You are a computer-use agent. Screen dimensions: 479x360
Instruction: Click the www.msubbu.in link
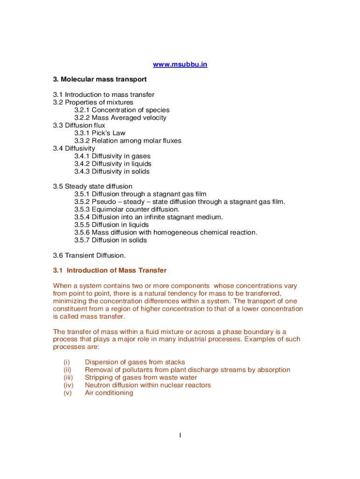180,64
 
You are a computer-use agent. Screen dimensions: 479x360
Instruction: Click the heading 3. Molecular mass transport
100,80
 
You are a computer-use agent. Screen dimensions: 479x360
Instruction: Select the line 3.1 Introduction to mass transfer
103,94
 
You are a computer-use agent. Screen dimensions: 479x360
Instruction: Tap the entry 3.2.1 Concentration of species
122,110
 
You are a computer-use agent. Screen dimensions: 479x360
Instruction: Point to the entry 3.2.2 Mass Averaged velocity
120,118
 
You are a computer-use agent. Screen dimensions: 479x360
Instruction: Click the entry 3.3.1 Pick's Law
100,133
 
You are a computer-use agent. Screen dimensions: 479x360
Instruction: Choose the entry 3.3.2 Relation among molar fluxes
128,141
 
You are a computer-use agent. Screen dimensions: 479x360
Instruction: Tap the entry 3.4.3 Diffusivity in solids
112,171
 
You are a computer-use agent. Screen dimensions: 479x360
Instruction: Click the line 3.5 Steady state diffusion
93,186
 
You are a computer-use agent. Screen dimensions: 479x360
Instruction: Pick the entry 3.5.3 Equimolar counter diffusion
126,209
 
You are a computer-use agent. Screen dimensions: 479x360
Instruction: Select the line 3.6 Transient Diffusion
89,255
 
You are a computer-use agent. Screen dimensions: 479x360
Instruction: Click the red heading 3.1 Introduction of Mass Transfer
110,270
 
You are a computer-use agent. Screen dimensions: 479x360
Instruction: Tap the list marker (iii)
68,377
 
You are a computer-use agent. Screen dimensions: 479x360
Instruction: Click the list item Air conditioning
109,393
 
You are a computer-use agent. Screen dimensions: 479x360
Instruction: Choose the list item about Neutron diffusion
148,385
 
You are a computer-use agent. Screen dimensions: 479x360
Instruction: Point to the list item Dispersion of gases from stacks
135,362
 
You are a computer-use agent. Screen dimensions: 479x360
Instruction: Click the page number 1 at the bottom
180,436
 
